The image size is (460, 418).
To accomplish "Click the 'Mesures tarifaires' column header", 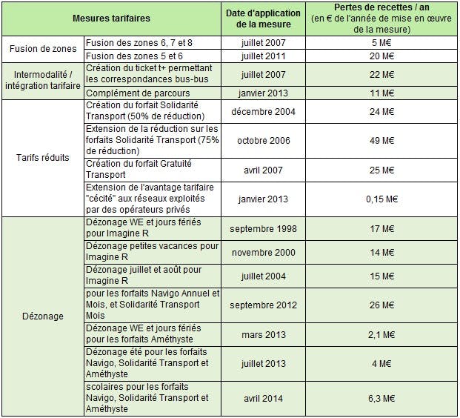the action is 111,19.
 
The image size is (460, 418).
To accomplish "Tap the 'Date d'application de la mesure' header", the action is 263,19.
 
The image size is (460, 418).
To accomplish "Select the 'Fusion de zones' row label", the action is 43,49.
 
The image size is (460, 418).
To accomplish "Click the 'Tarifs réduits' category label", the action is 43,158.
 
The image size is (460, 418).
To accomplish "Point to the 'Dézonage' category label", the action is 43,316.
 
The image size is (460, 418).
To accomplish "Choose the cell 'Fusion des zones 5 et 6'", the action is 134,56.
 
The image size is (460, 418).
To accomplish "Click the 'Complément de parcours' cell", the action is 138,93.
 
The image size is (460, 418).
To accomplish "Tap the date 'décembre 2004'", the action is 263,112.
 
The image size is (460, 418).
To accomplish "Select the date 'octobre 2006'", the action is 264,141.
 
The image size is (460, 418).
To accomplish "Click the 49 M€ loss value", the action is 381,141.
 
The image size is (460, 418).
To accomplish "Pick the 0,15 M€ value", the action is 381,199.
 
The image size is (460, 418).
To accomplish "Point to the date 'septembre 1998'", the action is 263,229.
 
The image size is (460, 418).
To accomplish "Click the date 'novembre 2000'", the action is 264,253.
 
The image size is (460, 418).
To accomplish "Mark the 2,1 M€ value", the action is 381,335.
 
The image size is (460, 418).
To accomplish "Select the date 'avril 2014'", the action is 263,398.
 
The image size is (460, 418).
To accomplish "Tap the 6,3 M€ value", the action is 381,398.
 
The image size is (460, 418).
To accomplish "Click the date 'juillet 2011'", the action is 263,56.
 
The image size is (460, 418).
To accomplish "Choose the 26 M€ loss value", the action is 381,305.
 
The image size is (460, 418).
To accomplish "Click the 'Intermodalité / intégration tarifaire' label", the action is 43,80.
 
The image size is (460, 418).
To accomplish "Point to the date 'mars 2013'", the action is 264,335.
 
